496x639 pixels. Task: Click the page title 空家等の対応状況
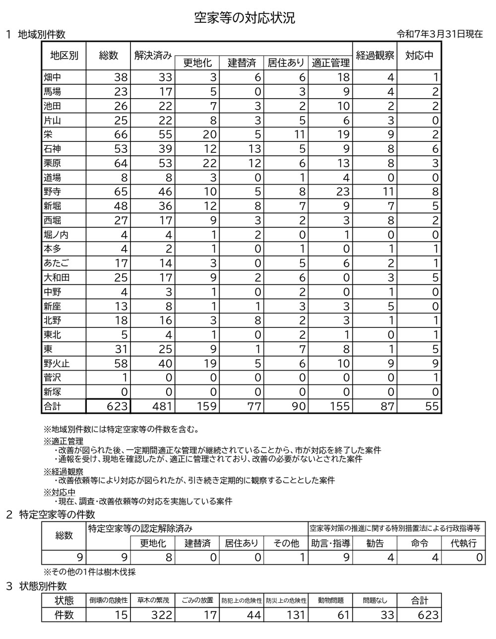(x=245, y=18)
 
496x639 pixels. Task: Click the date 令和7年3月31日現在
(x=439, y=34)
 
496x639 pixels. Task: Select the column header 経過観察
(x=375, y=55)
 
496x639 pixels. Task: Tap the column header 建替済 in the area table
(x=242, y=63)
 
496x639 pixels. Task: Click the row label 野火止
(x=57, y=364)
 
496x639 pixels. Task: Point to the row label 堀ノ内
(x=56, y=235)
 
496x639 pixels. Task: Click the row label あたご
(x=56, y=263)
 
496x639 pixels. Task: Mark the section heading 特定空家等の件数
(x=56, y=514)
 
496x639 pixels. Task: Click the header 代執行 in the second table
(x=463, y=543)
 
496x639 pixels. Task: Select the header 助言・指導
(x=331, y=543)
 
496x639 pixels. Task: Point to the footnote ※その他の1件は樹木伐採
(x=90, y=572)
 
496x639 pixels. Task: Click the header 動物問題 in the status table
(x=331, y=600)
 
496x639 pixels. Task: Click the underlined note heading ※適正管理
(x=63, y=441)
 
